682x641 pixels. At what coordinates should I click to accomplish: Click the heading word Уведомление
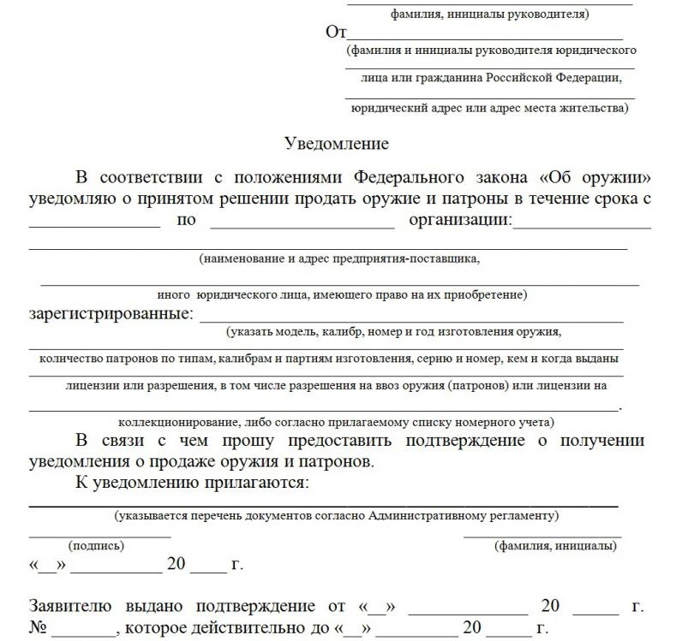pos(336,144)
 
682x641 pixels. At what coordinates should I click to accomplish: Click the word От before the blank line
pos(335,33)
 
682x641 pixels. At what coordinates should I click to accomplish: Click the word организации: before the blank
pos(460,221)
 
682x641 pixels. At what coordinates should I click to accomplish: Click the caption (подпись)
pos(96,545)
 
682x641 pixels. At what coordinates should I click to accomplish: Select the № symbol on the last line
pos(37,629)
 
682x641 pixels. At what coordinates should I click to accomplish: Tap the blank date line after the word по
pos(302,226)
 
